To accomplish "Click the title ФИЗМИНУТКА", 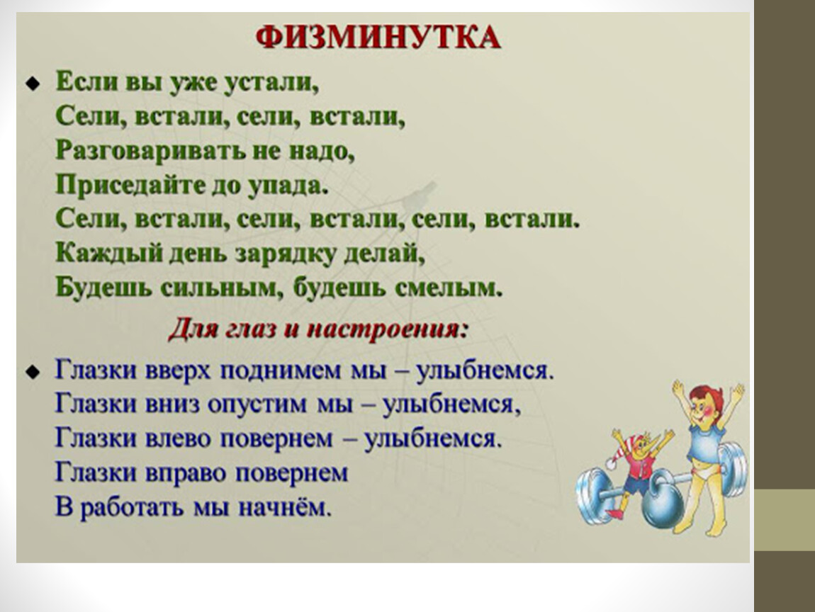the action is [x=378, y=38].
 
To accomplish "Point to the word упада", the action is [x=288, y=186].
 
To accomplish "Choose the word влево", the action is [x=177, y=438].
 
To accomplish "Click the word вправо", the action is [x=184, y=472].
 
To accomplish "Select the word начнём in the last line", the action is [x=284, y=507].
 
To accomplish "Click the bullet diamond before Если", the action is [x=33, y=83].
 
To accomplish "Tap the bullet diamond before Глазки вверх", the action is [x=33, y=372].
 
